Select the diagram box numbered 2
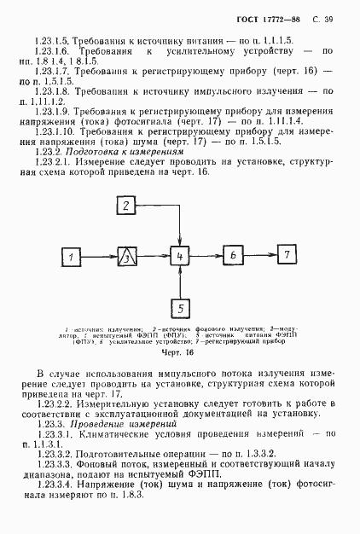[126, 206]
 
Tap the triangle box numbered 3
[126, 256]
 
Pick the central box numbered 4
[178, 256]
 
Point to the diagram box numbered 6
[231, 255]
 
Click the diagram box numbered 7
[287, 254]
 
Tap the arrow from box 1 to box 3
[102, 256]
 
